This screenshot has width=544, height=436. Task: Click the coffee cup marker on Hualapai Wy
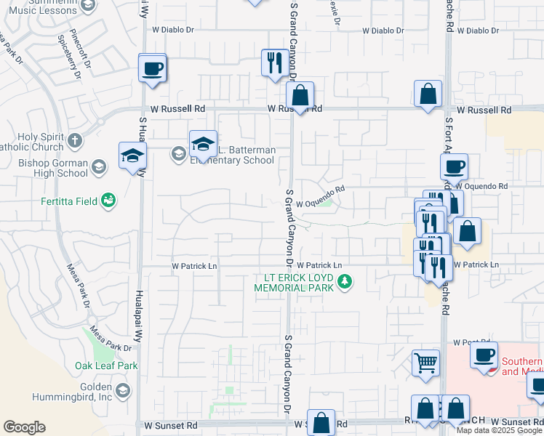click(153, 69)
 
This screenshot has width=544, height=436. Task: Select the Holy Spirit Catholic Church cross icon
click(75, 140)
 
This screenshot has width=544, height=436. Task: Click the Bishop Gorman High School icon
click(98, 168)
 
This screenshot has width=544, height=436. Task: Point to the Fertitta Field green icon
click(108, 199)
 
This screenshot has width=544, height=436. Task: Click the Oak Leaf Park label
click(106, 366)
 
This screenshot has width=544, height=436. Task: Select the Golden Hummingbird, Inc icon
click(123, 392)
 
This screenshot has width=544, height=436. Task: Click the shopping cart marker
click(425, 361)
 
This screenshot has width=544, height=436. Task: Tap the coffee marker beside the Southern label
click(484, 355)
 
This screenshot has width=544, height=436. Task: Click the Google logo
click(24, 427)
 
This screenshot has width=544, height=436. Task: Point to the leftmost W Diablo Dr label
click(174, 30)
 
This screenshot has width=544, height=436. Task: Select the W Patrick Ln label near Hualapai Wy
click(194, 266)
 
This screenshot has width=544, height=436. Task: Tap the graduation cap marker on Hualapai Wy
click(133, 156)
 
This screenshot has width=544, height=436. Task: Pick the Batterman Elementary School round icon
click(178, 153)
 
